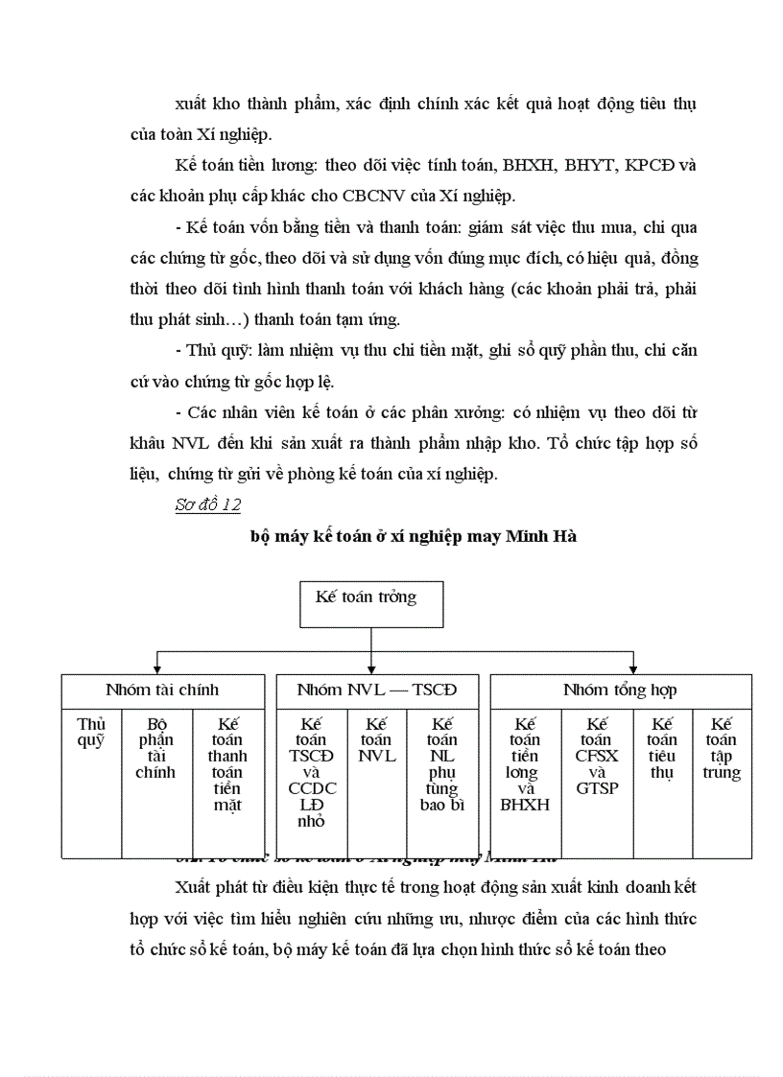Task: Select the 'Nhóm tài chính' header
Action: click(x=162, y=690)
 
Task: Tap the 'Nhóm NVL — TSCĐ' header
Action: click(x=377, y=690)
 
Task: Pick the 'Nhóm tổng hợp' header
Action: click(x=620, y=690)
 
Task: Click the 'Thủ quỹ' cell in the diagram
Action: click(x=91, y=733)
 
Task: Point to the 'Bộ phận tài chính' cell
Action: click(x=155, y=748)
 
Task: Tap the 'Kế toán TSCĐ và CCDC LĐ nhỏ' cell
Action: click(x=312, y=772)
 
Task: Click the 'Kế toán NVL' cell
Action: click(x=376, y=739)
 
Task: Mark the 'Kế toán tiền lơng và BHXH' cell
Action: click(x=525, y=764)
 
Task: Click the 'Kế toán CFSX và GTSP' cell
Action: click(x=598, y=756)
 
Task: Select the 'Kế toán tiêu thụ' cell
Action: click(x=662, y=748)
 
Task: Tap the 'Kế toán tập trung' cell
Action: click(x=722, y=748)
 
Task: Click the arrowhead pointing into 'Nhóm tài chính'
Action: click(x=157, y=667)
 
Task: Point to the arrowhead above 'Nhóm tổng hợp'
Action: click(x=633, y=667)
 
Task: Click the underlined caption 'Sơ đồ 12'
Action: click(x=207, y=505)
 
